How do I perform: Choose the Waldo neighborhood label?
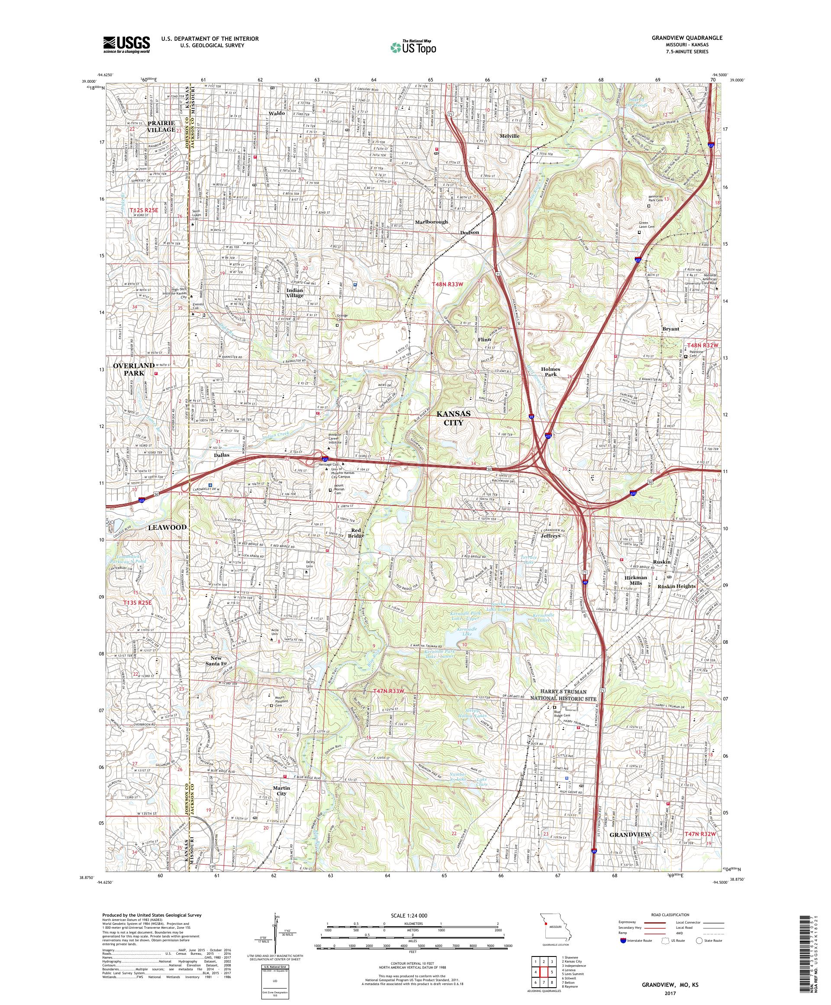[277, 113]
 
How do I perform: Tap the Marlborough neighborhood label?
[431, 222]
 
